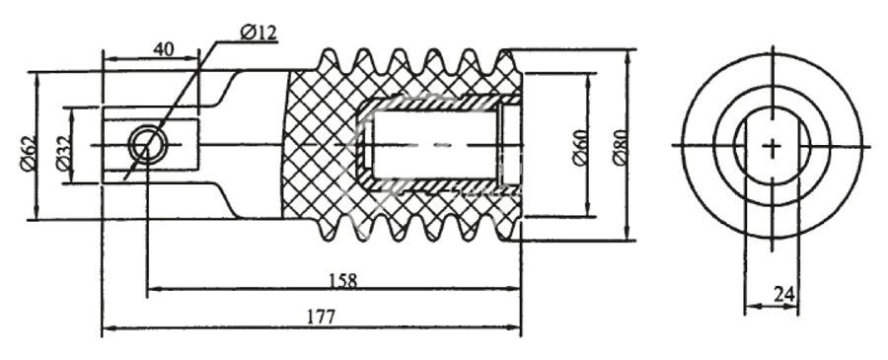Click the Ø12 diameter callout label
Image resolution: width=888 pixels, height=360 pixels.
[x=259, y=33]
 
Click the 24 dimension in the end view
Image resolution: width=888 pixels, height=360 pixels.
[x=783, y=293]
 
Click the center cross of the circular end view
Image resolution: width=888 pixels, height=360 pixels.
[x=772, y=145]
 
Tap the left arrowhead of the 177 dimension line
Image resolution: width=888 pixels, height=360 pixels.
[x=107, y=327]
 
